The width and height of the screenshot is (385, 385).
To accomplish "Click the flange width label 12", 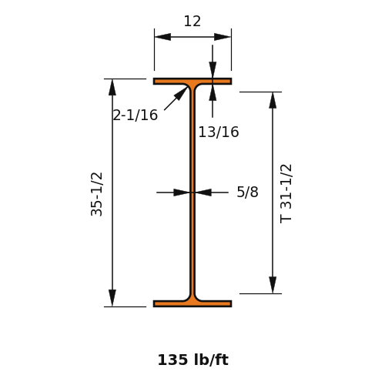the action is (x=192, y=22).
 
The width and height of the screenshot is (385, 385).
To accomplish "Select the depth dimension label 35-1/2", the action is (x=97, y=194).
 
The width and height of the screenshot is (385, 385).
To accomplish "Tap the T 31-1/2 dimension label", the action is (x=286, y=194).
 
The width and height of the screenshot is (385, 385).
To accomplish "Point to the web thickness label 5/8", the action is (x=247, y=192).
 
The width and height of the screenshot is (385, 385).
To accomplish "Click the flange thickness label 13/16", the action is (x=219, y=132).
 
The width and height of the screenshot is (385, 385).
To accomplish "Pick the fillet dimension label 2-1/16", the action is (x=136, y=115).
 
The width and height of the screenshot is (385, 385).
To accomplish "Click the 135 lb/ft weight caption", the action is (x=193, y=360).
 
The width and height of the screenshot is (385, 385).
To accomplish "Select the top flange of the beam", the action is (x=192, y=82).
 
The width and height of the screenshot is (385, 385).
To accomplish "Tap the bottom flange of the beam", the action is (x=192, y=303).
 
